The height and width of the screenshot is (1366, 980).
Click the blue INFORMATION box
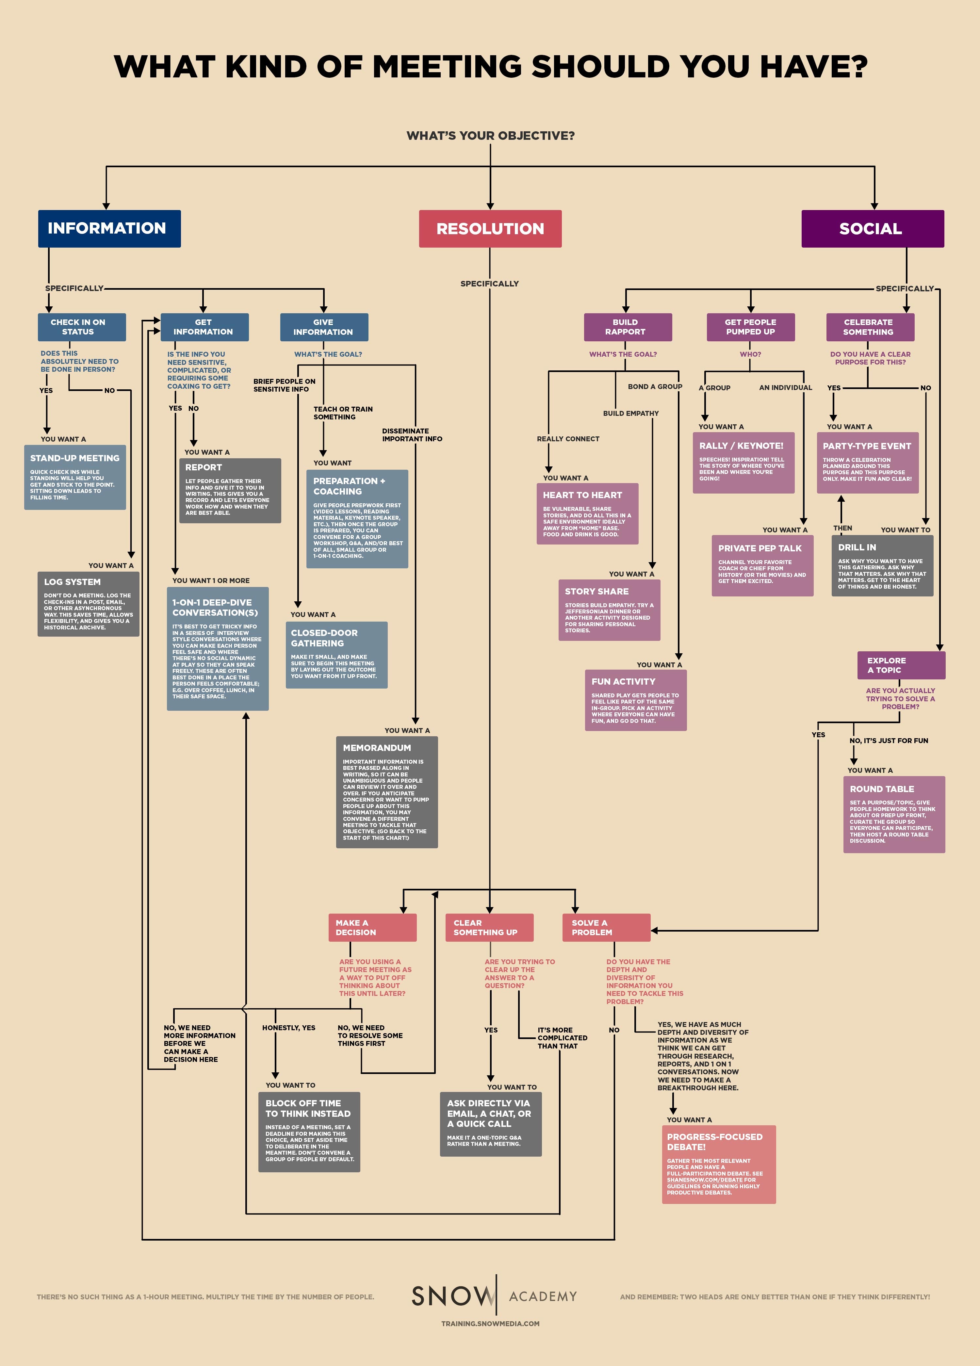[x=109, y=228]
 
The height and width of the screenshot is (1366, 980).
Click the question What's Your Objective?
[x=490, y=136]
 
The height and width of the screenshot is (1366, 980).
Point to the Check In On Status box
[x=82, y=327]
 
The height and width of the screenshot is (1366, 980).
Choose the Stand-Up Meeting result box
[x=75, y=477]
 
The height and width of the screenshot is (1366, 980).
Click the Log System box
[x=88, y=604]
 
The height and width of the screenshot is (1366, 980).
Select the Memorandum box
[x=387, y=792]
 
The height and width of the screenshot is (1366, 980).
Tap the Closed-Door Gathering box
[x=336, y=655]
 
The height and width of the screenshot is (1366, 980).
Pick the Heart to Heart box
[x=587, y=513]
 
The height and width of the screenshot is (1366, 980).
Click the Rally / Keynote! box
[x=743, y=463]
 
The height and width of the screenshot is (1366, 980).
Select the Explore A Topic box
[x=901, y=665]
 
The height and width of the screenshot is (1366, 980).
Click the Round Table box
[x=894, y=814]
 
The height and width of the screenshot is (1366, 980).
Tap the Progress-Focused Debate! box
[x=719, y=1164]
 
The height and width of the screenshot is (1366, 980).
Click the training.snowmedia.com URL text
[x=490, y=1323]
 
